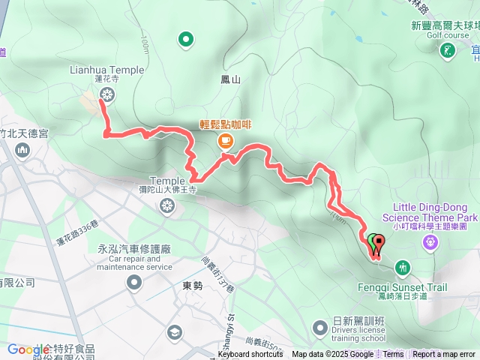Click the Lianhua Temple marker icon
(107, 94)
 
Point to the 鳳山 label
(231, 79)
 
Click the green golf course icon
(447, 49)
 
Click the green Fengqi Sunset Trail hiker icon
(403, 268)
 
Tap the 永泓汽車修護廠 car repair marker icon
(134, 283)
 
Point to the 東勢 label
(193, 286)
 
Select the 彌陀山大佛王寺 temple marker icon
(166, 204)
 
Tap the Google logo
(28, 349)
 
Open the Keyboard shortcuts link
(250, 355)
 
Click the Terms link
(393, 355)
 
